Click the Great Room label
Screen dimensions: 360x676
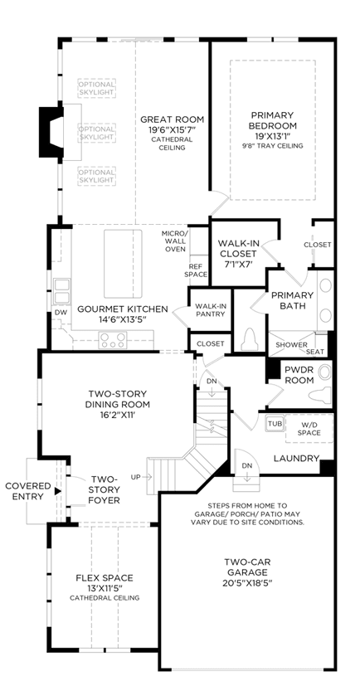click(x=172, y=119)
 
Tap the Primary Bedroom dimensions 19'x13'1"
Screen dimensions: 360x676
click(x=272, y=136)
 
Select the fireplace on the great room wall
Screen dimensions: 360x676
click(x=51, y=132)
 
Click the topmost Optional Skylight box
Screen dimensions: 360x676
click(x=96, y=89)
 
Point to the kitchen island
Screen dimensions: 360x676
click(x=123, y=264)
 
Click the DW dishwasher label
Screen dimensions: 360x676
click(x=61, y=312)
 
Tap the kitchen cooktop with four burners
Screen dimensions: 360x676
click(x=112, y=339)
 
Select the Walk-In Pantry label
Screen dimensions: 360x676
click(x=211, y=310)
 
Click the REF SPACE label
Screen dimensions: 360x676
click(x=196, y=270)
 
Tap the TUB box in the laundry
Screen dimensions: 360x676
click(x=275, y=423)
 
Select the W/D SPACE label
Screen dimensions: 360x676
click(x=309, y=429)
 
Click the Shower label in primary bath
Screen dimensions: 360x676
click(x=292, y=345)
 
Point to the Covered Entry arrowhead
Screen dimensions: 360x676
click(x=57, y=490)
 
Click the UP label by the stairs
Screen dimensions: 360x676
click(x=135, y=477)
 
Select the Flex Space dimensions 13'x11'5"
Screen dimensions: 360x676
click(x=105, y=588)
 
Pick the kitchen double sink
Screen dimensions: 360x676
click(x=61, y=291)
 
